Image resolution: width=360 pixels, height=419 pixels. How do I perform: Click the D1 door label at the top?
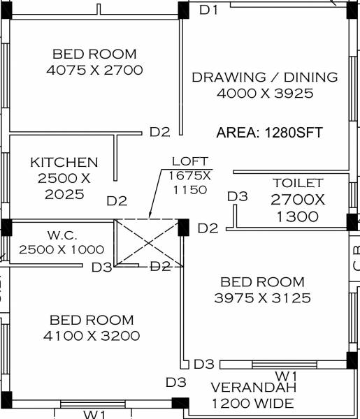210,10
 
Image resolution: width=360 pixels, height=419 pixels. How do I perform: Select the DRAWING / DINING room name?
265,78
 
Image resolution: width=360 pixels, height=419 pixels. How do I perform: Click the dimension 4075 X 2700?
94,70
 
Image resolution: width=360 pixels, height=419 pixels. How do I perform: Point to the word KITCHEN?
64,163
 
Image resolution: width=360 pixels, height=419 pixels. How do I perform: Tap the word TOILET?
298,183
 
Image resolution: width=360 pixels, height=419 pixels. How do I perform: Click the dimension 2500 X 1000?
62,249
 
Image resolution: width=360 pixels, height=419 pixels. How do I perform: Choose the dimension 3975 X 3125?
262,298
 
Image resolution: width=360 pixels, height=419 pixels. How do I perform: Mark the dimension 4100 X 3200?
91,336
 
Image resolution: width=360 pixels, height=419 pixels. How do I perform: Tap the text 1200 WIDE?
252,404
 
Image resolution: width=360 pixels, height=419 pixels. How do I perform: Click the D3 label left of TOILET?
238,197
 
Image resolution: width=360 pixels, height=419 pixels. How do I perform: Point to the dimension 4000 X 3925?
265,94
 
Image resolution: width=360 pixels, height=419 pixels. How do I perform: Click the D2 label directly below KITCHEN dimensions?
117,201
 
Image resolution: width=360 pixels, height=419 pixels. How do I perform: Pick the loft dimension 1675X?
189,176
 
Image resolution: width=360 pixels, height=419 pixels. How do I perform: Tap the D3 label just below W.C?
101,267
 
